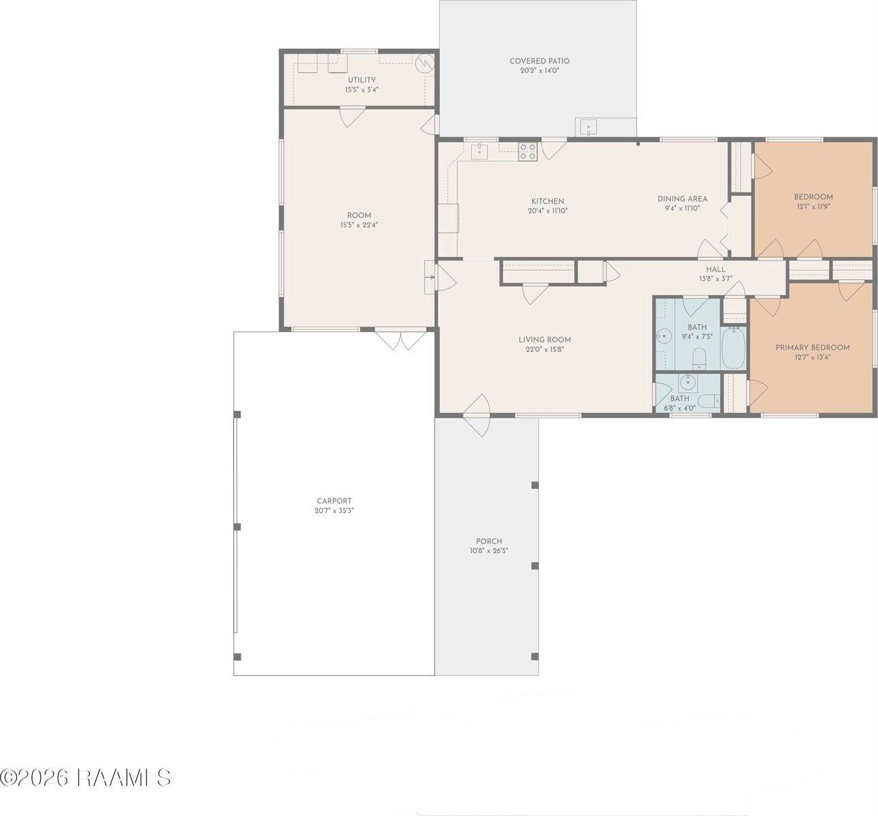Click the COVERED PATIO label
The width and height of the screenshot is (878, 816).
pos(539,61)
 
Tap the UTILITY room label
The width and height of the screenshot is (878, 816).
pos(362,80)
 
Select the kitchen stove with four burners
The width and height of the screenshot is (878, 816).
pos(528,151)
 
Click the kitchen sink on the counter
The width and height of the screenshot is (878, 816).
pos(479,151)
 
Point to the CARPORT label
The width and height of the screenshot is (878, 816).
pos(334,501)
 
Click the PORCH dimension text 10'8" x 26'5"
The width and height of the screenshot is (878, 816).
pos(489,551)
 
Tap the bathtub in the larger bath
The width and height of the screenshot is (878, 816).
pos(734,348)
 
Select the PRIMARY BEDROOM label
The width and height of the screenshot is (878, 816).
pos(813,347)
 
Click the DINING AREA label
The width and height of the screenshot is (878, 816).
pos(682,199)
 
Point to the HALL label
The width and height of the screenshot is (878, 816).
pos(715,269)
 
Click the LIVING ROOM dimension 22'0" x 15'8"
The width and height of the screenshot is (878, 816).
pos(545,350)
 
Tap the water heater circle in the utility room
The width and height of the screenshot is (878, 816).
pos(424,64)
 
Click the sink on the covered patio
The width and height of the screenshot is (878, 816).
pos(586,127)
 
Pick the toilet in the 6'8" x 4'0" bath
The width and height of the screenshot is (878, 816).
pos(711,401)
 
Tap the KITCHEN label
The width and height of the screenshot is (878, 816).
pos(547,201)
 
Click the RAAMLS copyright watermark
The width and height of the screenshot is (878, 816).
pos(85,777)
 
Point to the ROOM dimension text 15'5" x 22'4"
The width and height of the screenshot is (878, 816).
pos(359,225)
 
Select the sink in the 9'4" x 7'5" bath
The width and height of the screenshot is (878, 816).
pos(663,337)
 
